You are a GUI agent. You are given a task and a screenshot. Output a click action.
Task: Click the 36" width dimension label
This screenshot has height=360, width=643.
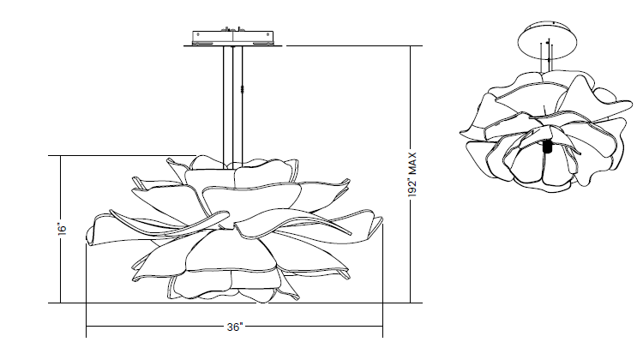tap(235, 327)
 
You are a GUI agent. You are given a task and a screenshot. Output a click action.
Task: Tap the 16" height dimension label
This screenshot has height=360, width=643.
tap(62, 229)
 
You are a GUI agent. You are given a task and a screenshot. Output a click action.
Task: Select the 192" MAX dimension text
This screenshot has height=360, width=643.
tap(412, 175)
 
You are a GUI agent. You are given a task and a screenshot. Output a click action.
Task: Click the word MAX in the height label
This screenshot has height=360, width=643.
tap(412, 163)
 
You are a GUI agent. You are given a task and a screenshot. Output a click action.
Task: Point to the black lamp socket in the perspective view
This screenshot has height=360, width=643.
tap(547, 147)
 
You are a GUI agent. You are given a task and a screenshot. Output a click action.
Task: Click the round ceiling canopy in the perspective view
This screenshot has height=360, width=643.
tap(547, 40)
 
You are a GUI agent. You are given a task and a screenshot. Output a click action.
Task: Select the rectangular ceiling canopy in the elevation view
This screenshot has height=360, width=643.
tap(233, 38)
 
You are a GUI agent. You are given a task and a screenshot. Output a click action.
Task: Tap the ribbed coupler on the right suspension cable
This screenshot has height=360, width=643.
tap(243, 89)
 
